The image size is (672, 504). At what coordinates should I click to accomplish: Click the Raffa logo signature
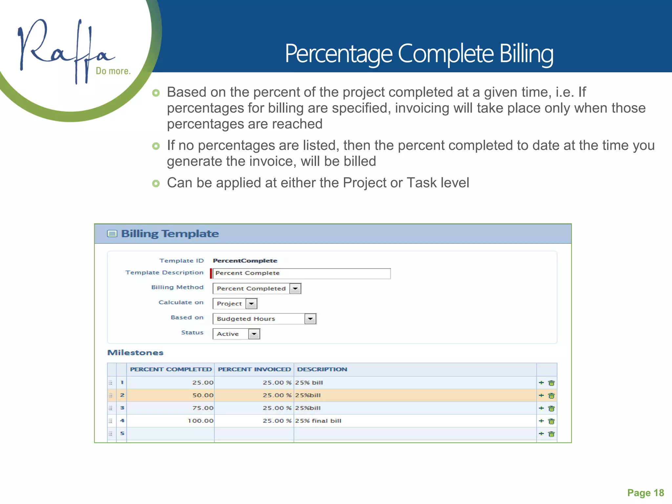[x=66, y=49]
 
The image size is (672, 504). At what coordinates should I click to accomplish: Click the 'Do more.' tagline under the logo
[x=113, y=71]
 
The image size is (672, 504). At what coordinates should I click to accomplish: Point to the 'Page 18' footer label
[x=645, y=493]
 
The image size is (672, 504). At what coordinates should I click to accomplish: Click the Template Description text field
[x=301, y=273]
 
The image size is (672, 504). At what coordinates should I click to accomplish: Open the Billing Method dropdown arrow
[x=295, y=288]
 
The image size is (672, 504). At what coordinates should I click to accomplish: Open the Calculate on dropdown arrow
[x=251, y=304]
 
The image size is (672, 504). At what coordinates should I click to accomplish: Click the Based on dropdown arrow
[x=310, y=319]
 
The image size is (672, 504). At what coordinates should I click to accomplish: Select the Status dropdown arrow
[x=254, y=334]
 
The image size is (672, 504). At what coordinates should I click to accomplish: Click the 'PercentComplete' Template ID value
[x=245, y=261]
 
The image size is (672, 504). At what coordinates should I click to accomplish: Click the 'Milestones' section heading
[x=135, y=353]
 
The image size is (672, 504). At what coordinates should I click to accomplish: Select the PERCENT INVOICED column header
[x=254, y=369]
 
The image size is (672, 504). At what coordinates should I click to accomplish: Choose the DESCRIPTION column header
[x=322, y=369]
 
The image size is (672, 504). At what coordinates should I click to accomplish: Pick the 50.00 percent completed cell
[x=203, y=395]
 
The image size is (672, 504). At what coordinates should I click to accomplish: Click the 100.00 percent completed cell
[x=200, y=421]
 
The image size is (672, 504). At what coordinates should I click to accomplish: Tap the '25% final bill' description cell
[x=318, y=421]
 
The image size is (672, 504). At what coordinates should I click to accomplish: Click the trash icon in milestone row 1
[x=552, y=383]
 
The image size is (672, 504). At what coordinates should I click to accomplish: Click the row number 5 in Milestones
[x=122, y=433]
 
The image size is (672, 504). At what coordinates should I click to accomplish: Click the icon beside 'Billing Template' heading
[x=112, y=234]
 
